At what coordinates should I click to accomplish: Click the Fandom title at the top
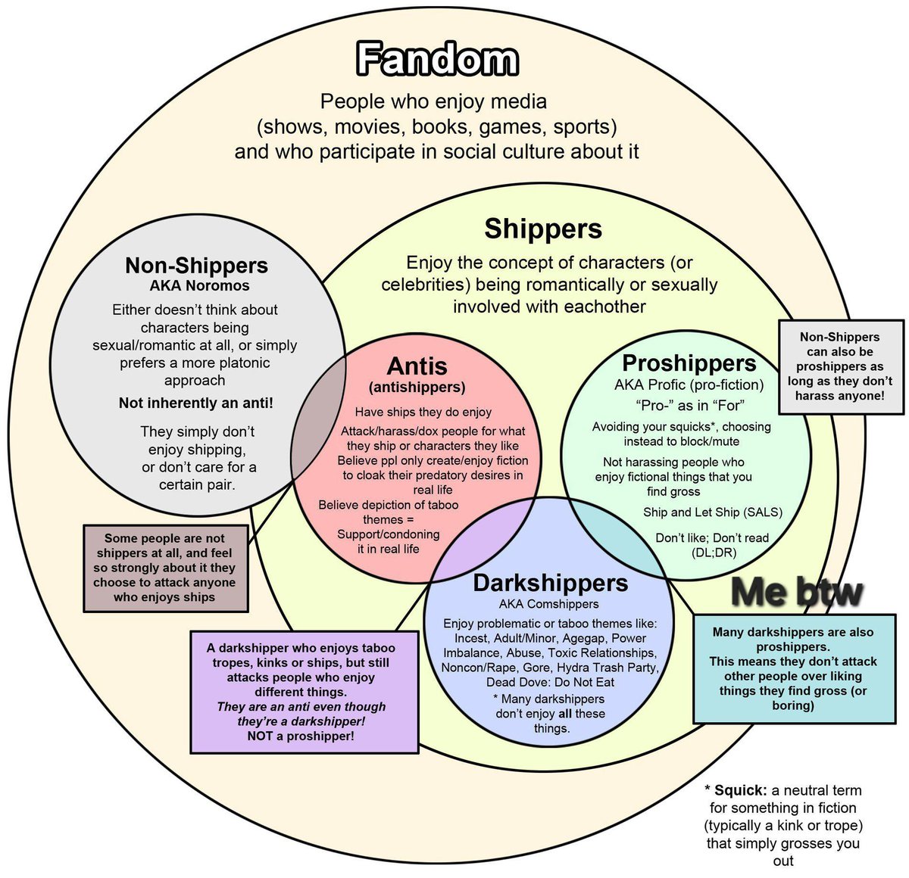(437, 59)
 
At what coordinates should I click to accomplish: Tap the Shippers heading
(543, 229)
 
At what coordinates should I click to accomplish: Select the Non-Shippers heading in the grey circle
(197, 265)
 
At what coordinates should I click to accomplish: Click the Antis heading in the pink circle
(417, 366)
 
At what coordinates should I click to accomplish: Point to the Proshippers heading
(689, 363)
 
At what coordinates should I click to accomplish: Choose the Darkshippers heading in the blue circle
(550, 583)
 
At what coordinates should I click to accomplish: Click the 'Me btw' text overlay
(796, 592)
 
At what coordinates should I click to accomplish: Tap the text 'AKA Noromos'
(199, 285)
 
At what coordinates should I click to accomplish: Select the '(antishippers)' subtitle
(417, 388)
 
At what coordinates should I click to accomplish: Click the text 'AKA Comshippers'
(548, 604)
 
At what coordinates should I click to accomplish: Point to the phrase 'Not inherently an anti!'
(196, 403)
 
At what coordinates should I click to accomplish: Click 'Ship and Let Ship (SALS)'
(712, 512)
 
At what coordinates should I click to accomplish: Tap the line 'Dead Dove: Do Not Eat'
(550, 682)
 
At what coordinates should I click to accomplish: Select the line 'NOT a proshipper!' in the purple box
(301, 736)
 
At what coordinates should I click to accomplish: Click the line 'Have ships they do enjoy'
(423, 413)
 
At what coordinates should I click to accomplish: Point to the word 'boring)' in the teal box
(793, 705)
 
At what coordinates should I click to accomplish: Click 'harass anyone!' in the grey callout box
(840, 396)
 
